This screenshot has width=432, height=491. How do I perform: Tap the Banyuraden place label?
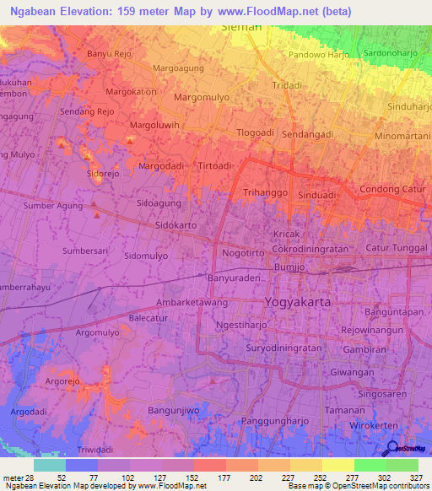click(233, 277)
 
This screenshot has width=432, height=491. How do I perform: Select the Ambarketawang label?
click(194, 301)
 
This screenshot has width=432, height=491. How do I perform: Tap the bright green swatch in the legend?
click(370, 464)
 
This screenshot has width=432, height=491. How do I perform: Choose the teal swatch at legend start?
click(49, 464)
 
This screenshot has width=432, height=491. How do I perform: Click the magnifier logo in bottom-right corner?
click(392, 449)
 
